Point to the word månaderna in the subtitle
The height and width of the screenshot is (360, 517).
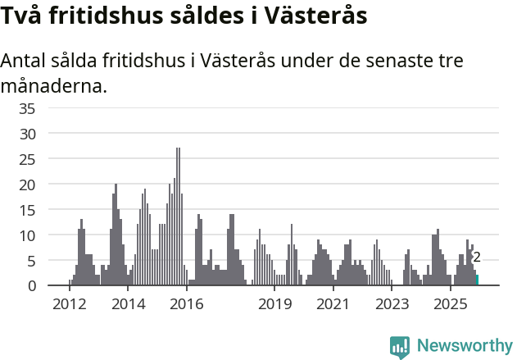pos(53,85)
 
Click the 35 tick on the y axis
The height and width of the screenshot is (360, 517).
pos(27,108)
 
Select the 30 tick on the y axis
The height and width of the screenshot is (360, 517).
pos(27,134)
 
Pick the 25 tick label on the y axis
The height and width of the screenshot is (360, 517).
pos(27,159)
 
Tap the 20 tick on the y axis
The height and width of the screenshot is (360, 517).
pos(27,185)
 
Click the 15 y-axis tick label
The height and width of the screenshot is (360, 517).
pos(27,210)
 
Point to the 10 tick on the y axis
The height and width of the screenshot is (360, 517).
pos(27,235)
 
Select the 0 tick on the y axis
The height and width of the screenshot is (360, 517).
pos(31,285)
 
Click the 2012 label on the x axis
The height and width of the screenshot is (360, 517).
pos(70,304)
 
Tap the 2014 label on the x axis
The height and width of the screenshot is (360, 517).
pos(128,304)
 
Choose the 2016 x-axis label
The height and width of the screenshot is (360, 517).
pos(187,304)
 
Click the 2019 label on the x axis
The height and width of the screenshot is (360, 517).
pos(274,304)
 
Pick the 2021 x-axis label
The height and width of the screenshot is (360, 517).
pos(333,304)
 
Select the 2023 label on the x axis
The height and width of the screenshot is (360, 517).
pos(392,304)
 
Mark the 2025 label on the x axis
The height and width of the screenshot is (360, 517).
pos(450,304)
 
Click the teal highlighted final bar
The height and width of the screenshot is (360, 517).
pos(477,280)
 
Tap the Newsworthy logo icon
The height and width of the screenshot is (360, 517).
pos(400,347)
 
